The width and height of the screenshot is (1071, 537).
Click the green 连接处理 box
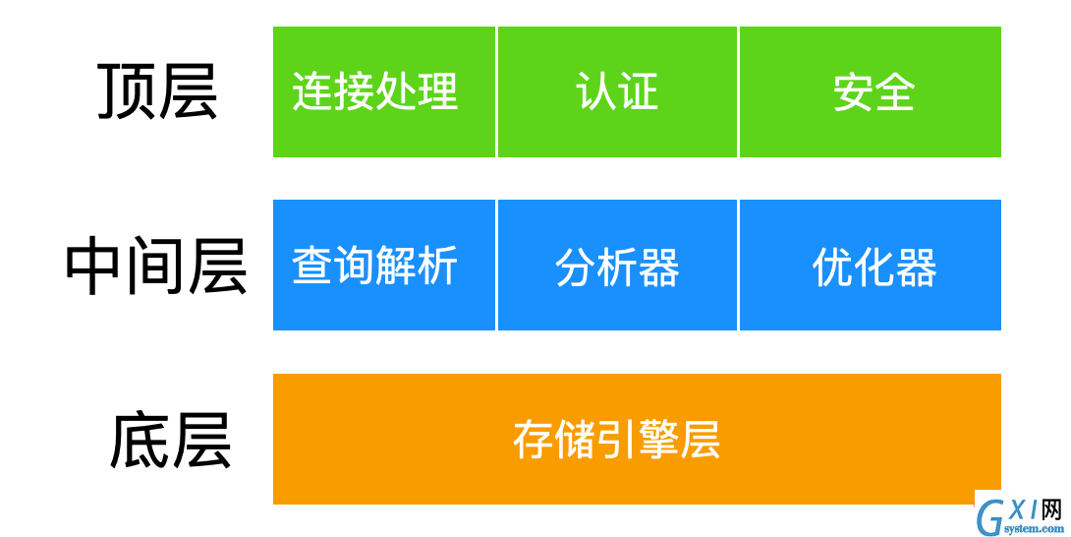tap(384, 91)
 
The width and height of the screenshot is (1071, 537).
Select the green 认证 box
tap(617, 91)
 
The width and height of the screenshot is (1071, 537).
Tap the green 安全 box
tap(871, 91)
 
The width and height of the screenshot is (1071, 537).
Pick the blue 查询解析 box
tap(384, 265)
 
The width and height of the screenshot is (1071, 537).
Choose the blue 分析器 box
tap(617, 265)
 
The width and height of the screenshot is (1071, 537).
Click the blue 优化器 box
tap(871, 265)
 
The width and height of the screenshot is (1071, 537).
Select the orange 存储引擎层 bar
tap(637, 439)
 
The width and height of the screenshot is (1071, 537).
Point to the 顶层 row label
tap(157, 91)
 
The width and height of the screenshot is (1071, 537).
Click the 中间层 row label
tap(156, 266)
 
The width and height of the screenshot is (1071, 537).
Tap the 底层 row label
tap(171, 440)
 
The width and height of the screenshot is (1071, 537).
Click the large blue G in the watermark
tap(989, 519)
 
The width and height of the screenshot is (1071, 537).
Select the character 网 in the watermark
tap(1052, 509)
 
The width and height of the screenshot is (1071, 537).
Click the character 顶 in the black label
tap(127, 91)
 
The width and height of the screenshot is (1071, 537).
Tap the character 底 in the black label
tap(140, 440)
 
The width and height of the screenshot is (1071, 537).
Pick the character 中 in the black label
tap(94, 266)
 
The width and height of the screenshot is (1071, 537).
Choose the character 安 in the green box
tap(853, 91)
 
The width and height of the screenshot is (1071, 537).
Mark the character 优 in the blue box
tap(832, 267)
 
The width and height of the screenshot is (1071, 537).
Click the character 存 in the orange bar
tap(534, 440)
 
